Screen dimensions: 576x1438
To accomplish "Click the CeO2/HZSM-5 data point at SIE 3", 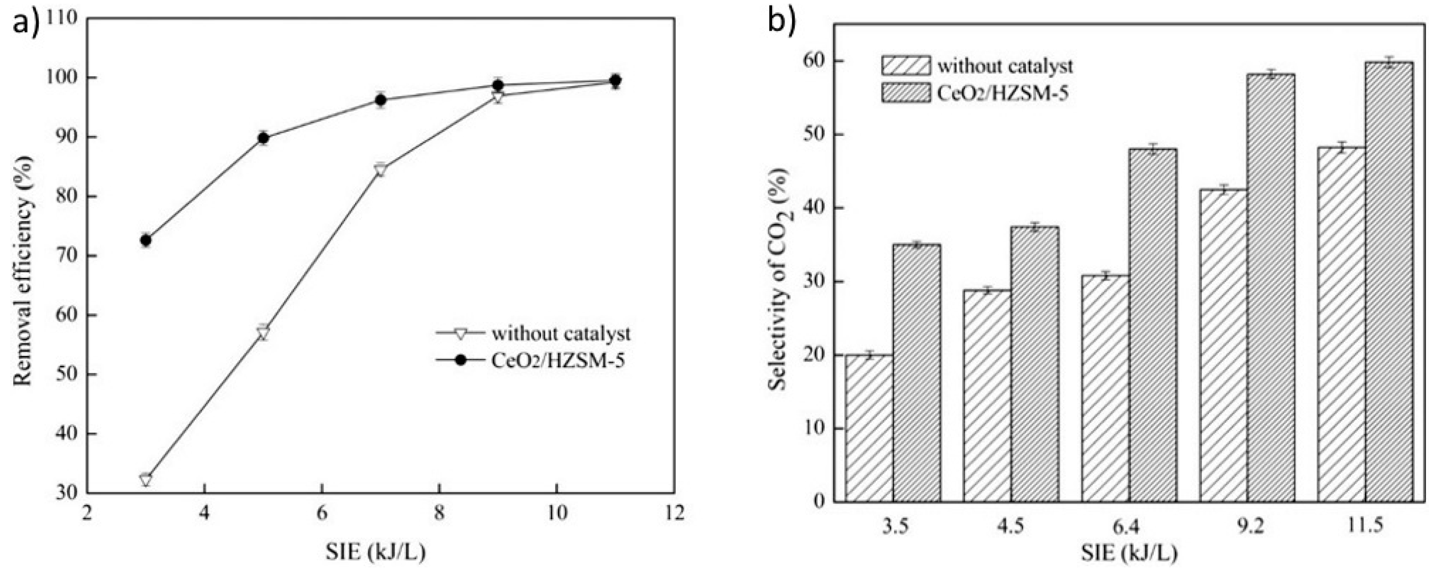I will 146,240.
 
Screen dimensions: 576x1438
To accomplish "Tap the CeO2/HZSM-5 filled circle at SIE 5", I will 264,138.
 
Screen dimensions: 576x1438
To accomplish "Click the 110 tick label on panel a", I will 66,18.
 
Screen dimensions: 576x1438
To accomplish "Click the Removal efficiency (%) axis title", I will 23,271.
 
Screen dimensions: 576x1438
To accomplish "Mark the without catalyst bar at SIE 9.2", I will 1224,346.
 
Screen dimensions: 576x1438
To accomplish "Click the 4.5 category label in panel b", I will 1010,527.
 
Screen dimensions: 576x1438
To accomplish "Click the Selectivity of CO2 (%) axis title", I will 778,282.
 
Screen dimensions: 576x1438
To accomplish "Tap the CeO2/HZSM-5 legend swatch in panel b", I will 906,92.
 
